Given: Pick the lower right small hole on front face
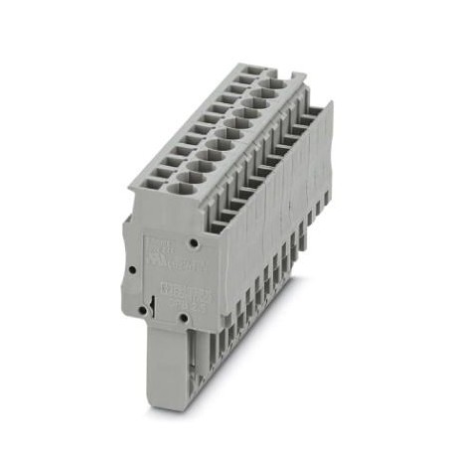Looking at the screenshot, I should coord(183,318).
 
